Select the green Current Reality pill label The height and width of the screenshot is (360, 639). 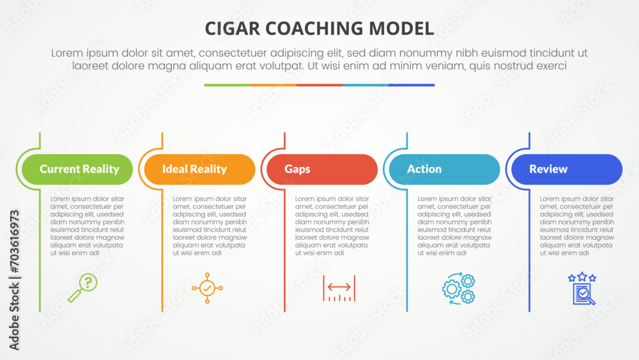(x=77, y=169)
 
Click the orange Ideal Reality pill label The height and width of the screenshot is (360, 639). (x=199, y=169)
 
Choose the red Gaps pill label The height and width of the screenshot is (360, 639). (x=322, y=169)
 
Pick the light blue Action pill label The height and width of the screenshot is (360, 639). (x=444, y=169)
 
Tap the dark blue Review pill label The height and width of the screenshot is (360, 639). (x=567, y=169)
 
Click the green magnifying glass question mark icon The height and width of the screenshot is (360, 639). (x=82, y=288)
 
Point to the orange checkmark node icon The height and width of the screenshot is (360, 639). (x=207, y=288)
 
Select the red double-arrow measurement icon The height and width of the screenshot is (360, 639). (x=339, y=288)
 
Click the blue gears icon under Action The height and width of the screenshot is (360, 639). (x=459, y=288)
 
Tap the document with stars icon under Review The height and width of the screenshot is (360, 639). (x=582, y=288)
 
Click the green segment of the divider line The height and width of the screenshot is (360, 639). (x=227, y=85)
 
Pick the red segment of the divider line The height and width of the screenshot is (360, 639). (x=319, y=85)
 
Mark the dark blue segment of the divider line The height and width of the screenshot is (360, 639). (x=412, y=85)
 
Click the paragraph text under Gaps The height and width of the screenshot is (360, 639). (x=332, y=226)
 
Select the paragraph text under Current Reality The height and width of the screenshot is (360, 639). (x=87, y=226)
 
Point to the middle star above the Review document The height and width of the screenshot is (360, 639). (x=582, y=276)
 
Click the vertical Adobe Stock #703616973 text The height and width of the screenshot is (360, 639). (x=14, y=280)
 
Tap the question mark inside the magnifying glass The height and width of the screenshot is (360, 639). (x=88, y=282)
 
